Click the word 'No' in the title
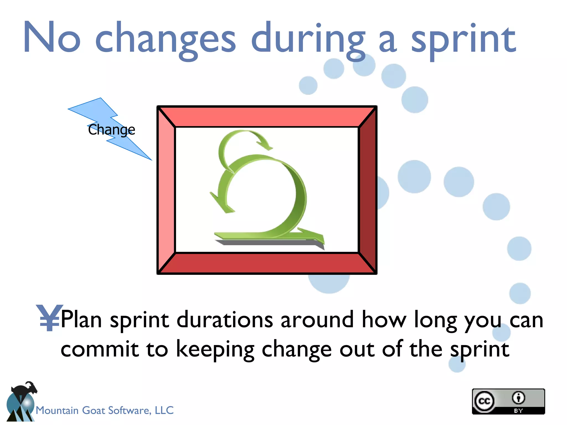[x=52, y=37]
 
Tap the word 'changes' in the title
[x=165, y=39]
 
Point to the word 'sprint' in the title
[x=463, y=40]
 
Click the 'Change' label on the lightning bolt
[x=111, y=129]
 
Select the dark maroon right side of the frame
[x=368, y=190]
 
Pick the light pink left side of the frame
[x=166, y=190]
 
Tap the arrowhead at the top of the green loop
[x=264, y=144]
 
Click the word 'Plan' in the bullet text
[x=81, y=320]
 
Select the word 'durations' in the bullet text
[x=225, y=320]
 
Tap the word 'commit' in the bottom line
[x=99, y=349]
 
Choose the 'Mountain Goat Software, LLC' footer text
[x=105, y=410]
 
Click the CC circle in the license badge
[x=484, y=401]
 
